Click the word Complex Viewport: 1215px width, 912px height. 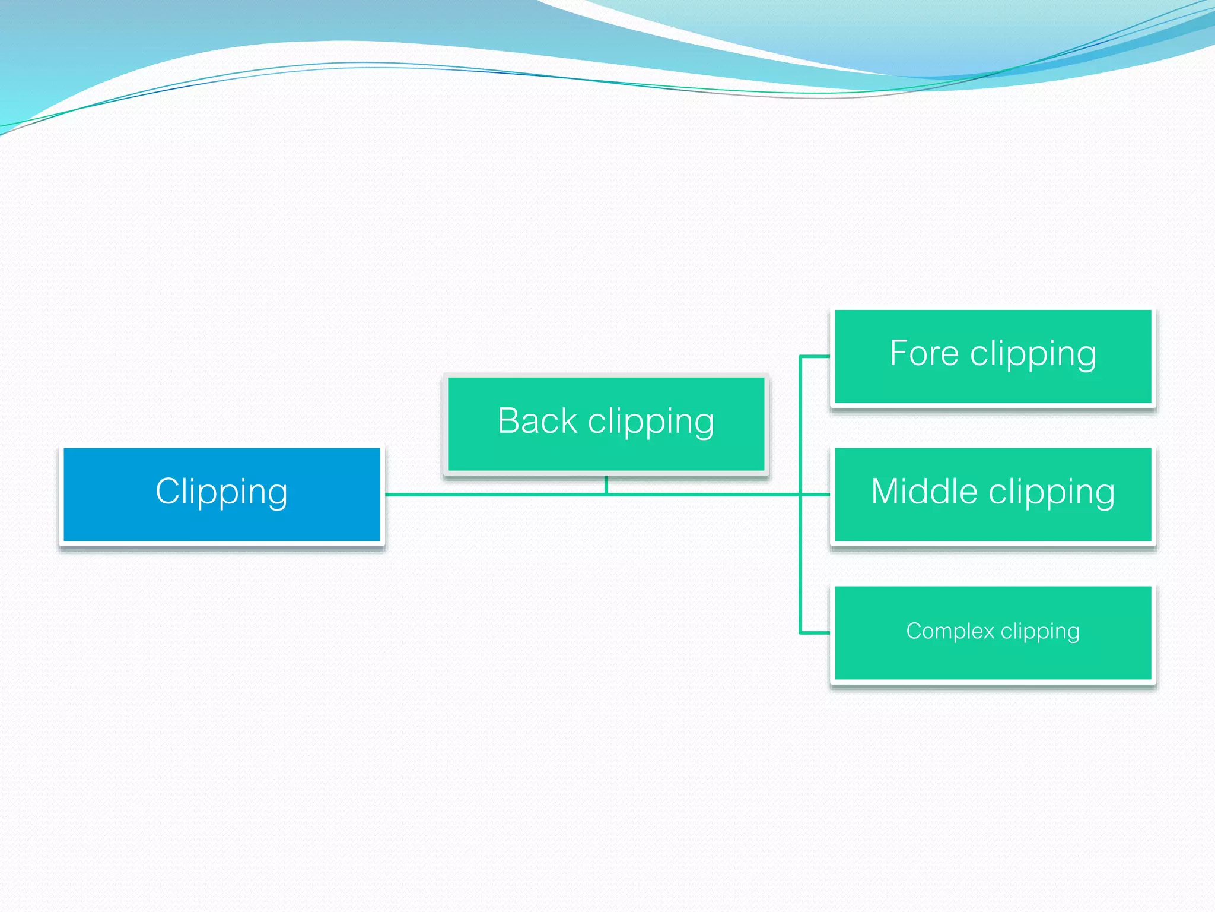tap(949, 631)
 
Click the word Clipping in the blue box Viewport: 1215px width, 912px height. tap(221, 492)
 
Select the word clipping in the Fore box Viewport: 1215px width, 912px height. tap(1033, 354)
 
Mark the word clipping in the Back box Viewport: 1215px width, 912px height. tap(651, 422)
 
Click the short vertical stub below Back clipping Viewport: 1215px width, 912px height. tap(606, 484)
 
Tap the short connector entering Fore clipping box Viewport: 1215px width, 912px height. tap(815, 356)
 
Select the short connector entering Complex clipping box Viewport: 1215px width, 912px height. tap(815, 633)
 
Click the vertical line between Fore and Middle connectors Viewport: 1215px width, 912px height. tap(800, 425)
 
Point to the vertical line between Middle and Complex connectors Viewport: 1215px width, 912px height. tap(800, 564)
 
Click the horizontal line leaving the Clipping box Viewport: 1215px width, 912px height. tap(492, 494)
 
